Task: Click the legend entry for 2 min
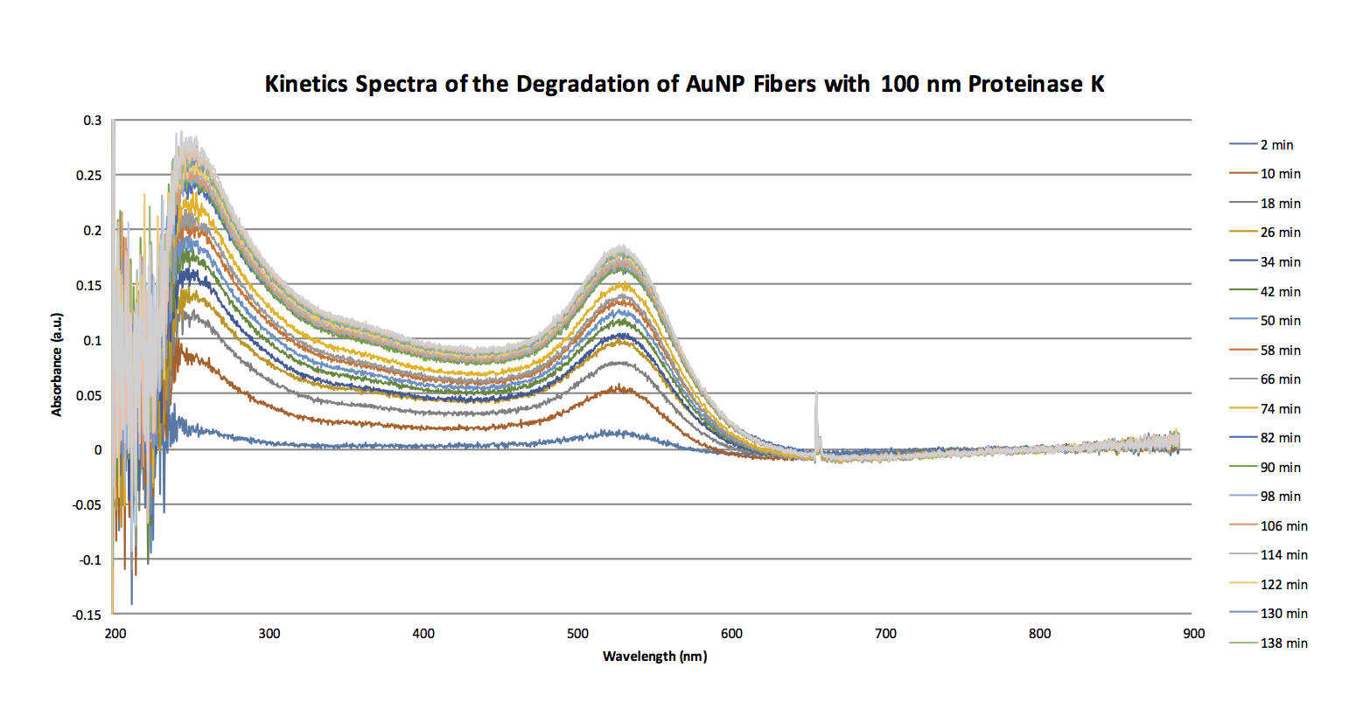(1276, 145)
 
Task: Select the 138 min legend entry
(1283, 643)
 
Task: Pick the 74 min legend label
(1280, 409)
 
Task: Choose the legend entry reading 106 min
(1283, 526)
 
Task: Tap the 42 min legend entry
(1280, 292)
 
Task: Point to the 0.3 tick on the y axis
(93, 121)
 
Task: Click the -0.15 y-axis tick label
(87, 615)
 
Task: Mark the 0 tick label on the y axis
(98, 450)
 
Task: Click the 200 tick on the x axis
(115, 634)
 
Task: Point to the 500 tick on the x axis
(577, 634)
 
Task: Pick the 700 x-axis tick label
(885, 634)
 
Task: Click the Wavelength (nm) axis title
(654, 656)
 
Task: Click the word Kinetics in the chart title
(306, 84)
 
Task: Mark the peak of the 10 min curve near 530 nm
(620, 386)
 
